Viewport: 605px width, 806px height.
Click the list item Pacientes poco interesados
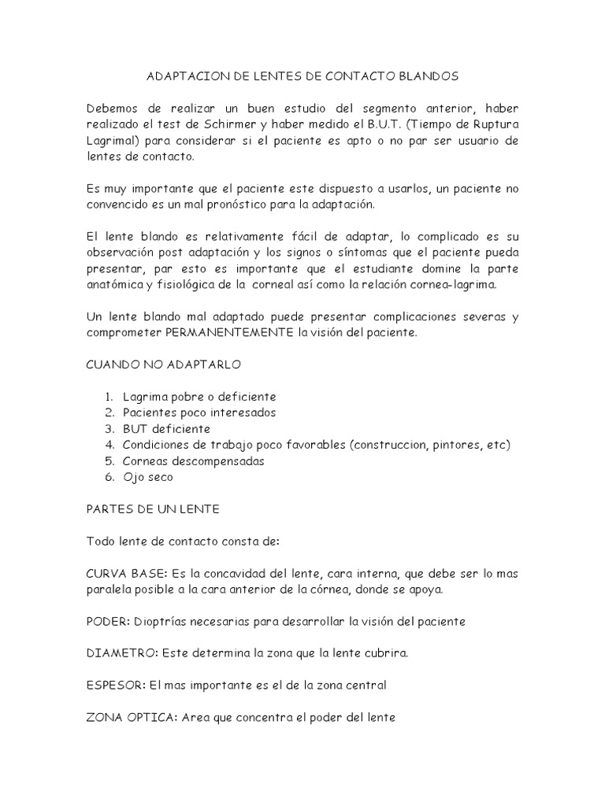tap(199, 413)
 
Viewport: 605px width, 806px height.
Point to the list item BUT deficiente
tap(166, 430)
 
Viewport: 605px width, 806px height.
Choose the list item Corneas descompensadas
tap(194, 461)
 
